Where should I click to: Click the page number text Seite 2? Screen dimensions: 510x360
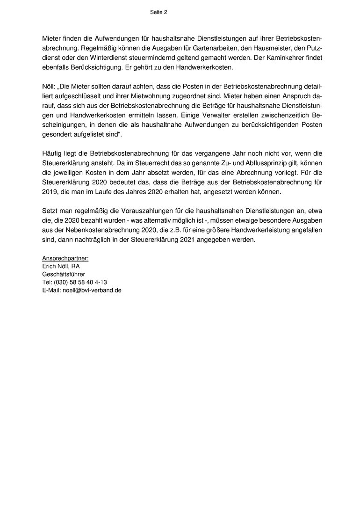click(158, 13)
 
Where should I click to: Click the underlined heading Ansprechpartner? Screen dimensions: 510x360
click(65, 258)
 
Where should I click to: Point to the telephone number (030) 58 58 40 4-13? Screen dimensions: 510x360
click(80, 282)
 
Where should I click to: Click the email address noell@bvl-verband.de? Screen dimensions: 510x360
click(92, 290)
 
